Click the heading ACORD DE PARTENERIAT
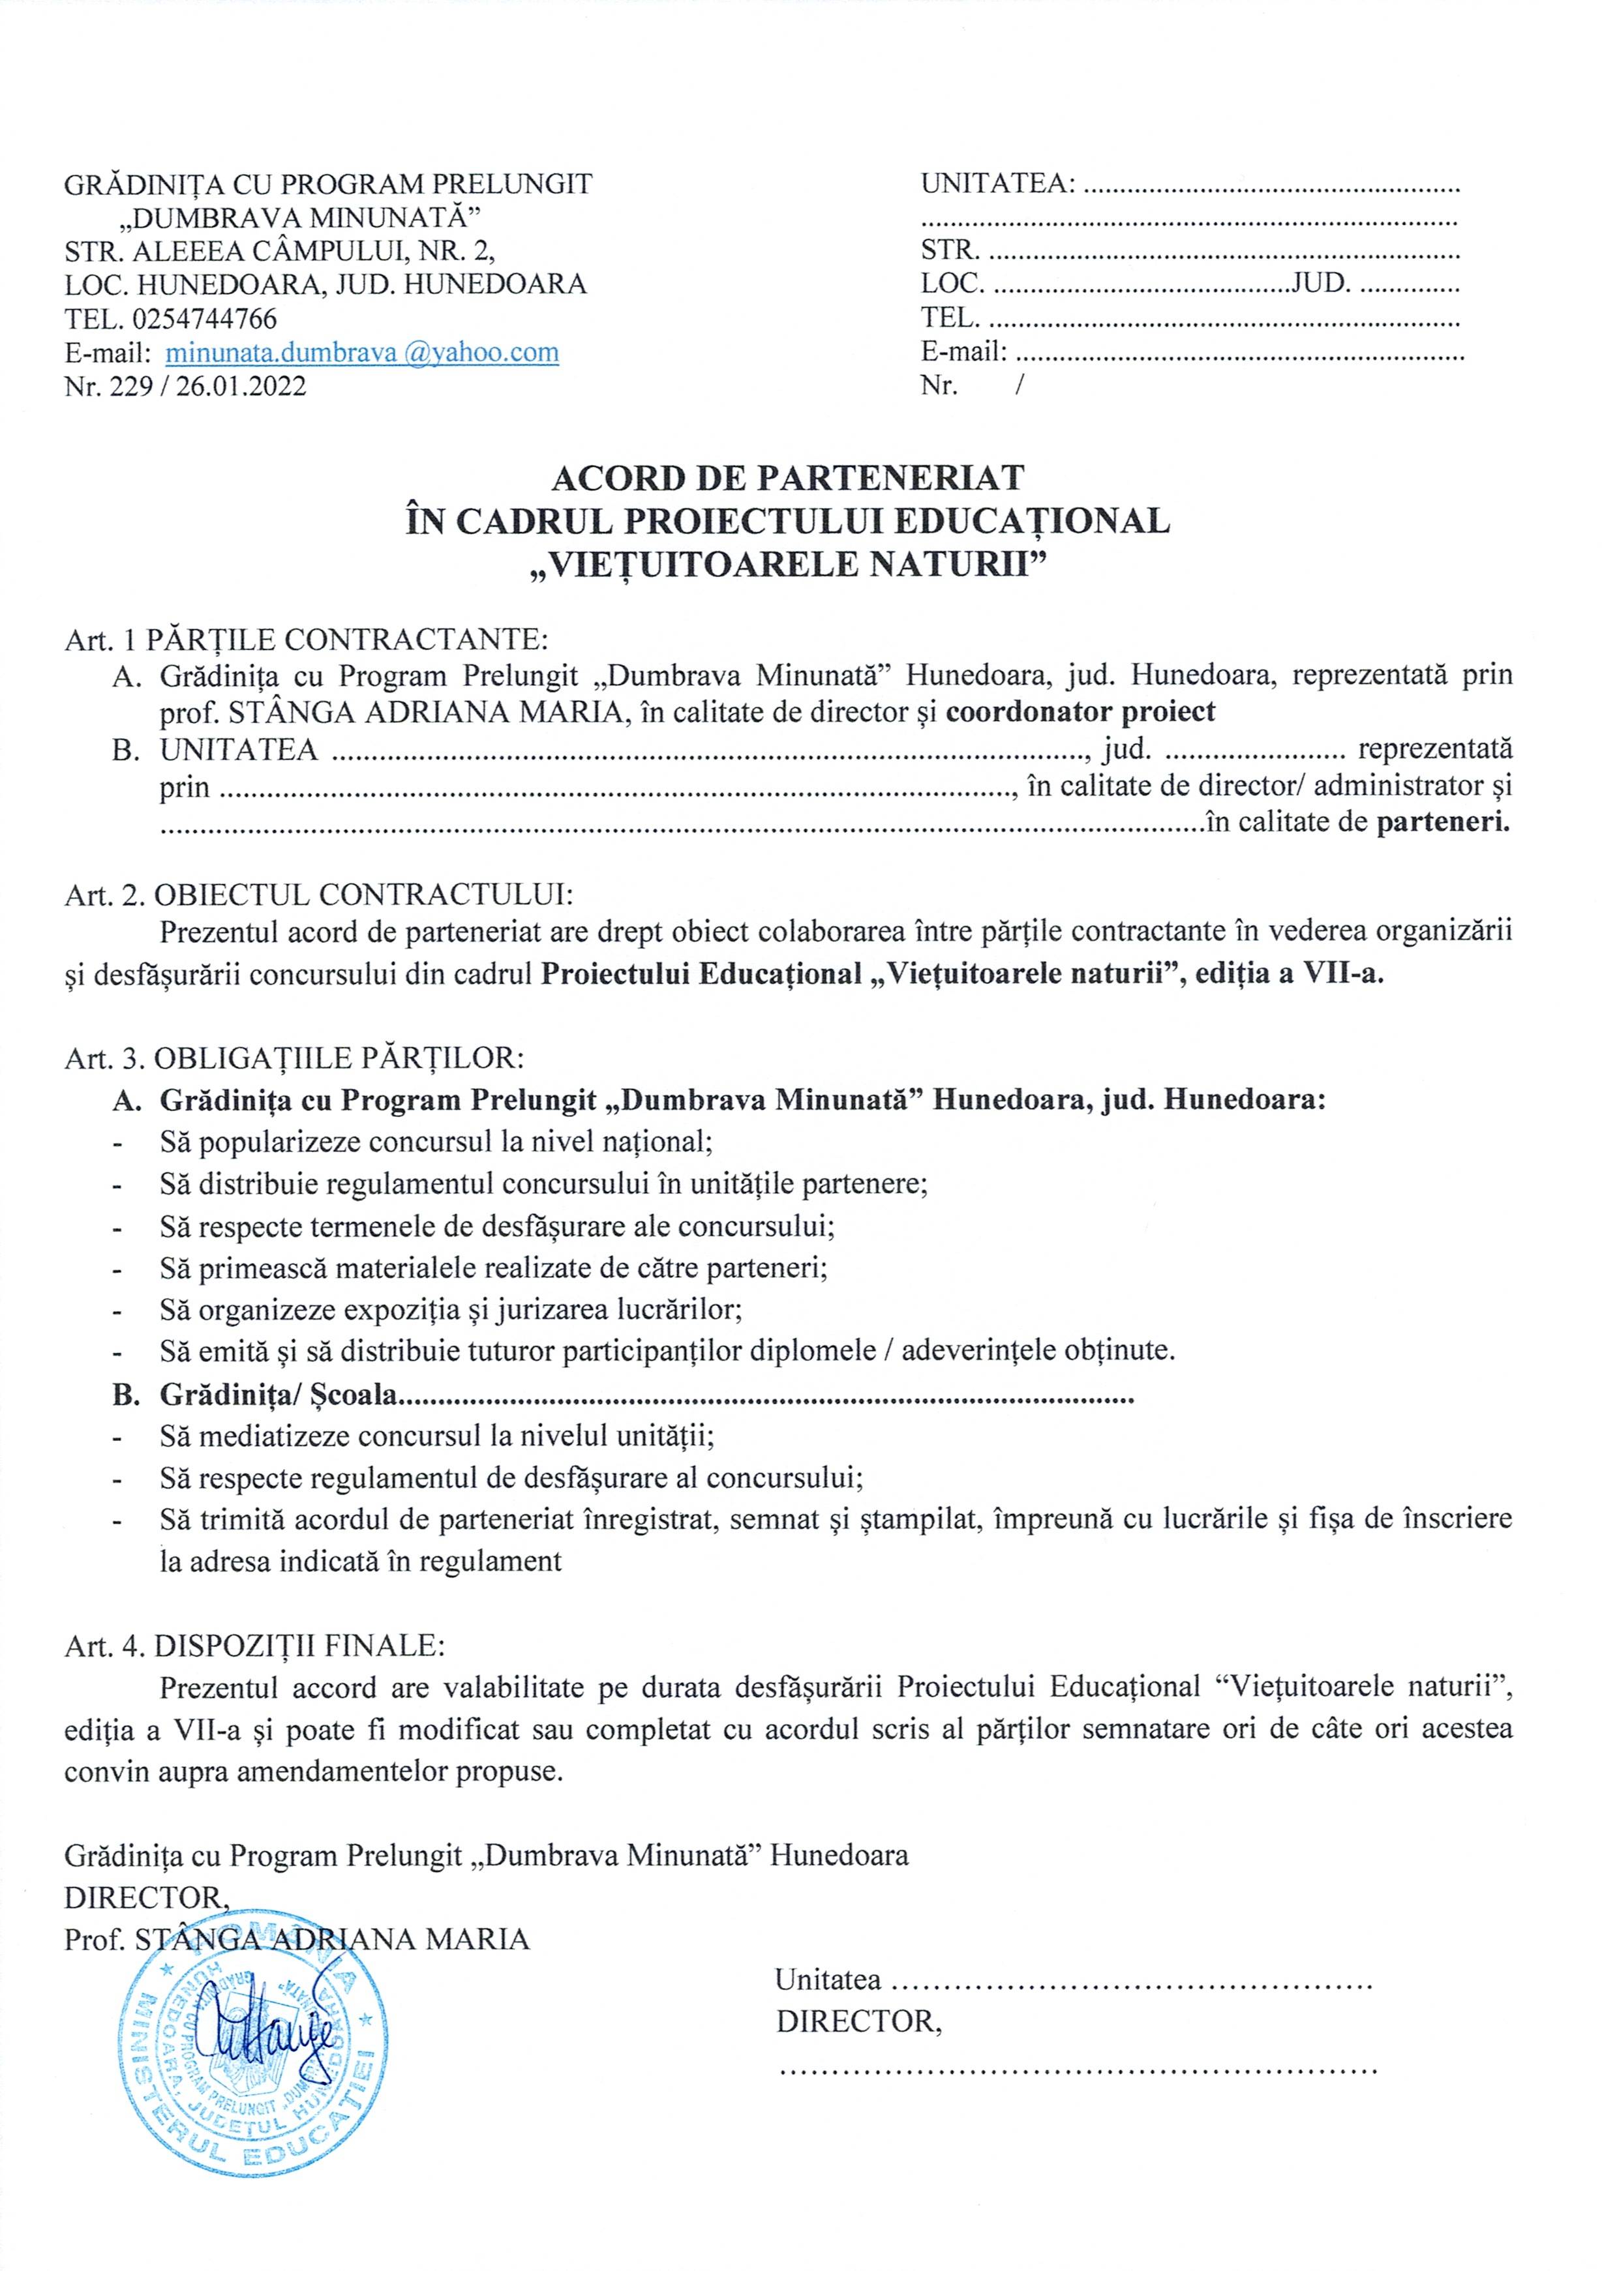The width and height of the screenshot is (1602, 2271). point(788,478)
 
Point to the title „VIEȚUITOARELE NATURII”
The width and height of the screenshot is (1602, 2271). point(788,564)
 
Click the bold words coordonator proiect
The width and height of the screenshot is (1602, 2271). point(1081,711)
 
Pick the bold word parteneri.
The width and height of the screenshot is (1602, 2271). point(1443,822)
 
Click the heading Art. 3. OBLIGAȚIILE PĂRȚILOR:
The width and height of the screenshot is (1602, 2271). point(295,1058)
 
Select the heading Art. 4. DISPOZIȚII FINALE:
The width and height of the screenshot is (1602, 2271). point(255,1646)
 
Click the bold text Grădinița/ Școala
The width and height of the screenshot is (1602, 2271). point(278,1395)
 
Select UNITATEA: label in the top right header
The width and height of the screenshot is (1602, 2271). point(997,184)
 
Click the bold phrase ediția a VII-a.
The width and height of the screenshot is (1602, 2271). point(1290,974)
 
